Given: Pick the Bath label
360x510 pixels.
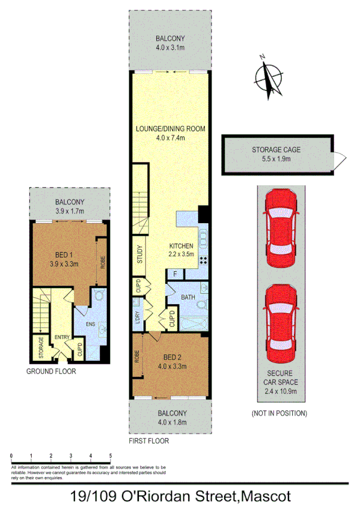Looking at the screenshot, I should click(x=188, y=298).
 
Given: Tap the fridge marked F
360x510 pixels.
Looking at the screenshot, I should click(x=175, y=275).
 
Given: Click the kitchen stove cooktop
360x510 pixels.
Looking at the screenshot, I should click(x=202, y=260).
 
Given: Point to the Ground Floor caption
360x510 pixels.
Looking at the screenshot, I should click(x=50, y=372).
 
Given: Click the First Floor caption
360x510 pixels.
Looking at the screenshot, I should click(x=149, y=441).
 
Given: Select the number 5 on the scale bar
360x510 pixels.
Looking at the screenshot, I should click(x=110, y=456).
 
